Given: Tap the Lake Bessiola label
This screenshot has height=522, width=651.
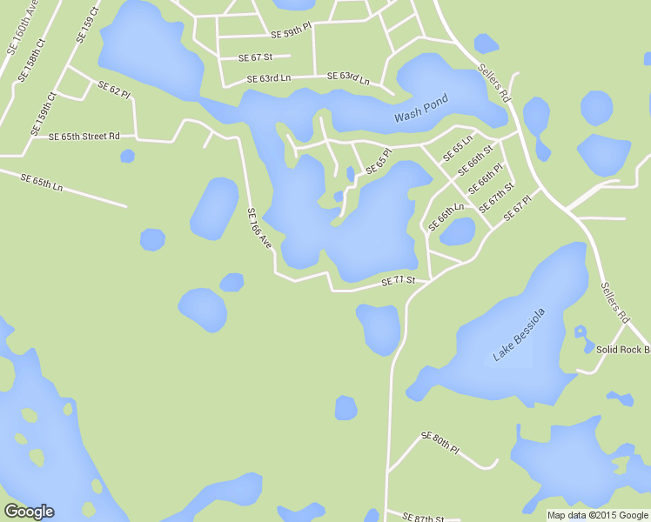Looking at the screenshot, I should click(x=519, y=334).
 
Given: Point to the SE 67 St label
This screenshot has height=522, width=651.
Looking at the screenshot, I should click(x=256, y=57).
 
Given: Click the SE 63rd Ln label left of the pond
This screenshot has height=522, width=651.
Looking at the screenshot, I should click(x=267, y=78).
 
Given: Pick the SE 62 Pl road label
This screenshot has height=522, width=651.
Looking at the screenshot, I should click(x=114, y=90).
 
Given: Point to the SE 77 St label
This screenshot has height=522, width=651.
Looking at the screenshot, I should click(x=399, y=280).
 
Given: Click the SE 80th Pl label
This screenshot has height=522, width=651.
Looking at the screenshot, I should click(x=440, y=441).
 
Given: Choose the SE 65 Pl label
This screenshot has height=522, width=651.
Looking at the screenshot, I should click(x=379, y=162).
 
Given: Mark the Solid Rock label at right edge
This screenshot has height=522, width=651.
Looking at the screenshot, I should click(x=622, y=349).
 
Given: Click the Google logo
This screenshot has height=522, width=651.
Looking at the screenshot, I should click(x=29, y=512).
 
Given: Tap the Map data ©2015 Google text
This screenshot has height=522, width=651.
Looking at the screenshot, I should click(x=598, y=515).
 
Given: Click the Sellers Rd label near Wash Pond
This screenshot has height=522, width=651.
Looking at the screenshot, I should click(x=493, y=85).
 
